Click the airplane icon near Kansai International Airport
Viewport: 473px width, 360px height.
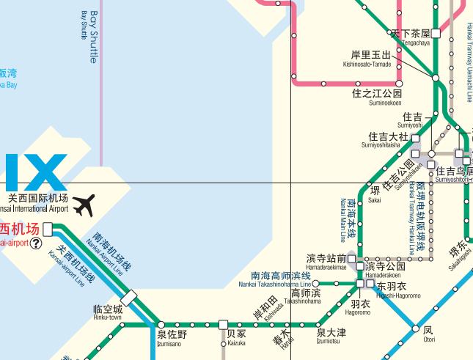pyautogui.click(x=84, y=205)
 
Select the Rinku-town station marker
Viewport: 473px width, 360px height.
pyautogui.click(x=130, y=298)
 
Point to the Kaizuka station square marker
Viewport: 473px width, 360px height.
pyautogui.click(x=224, y=324)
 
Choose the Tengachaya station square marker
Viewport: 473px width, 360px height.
pyautogui.click(x=436, y=33)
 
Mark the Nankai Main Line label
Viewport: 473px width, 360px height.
pyautogui.click(x=348, y=220)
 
